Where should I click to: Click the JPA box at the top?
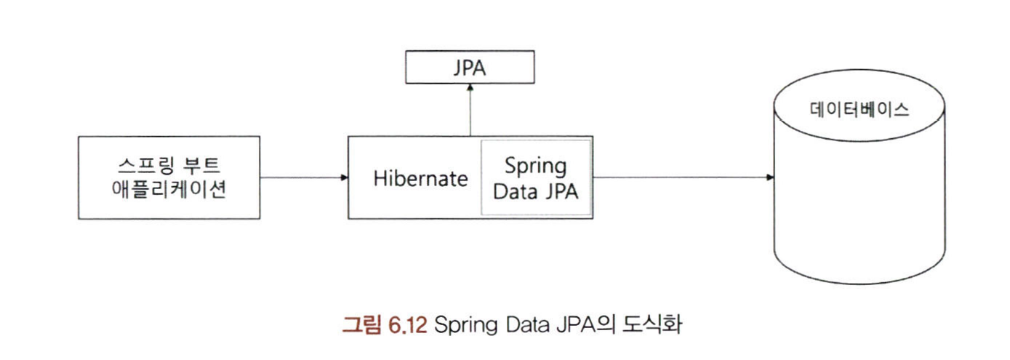click(470, 69)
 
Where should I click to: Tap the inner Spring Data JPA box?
click(535, 177)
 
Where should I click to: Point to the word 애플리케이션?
click(169, 191)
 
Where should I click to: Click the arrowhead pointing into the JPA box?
click(470, 87)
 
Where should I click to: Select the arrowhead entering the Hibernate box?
click(344, 177)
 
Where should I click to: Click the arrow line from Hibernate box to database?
click(680, 177)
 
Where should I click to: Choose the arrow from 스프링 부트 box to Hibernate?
click(302, 177)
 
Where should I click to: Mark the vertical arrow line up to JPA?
click(470, 111)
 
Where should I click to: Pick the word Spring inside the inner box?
click(535, 166)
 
